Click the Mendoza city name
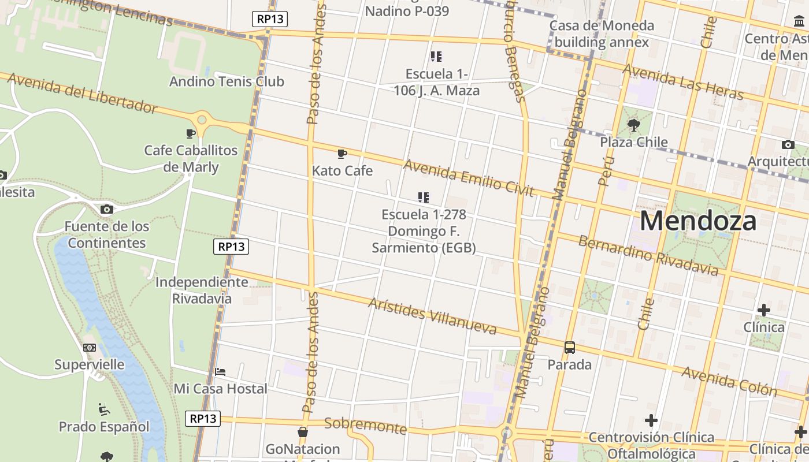click(697, 221)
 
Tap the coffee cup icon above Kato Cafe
click(342, 154)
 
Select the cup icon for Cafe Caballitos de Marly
click(190, 134)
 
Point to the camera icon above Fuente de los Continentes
click(106, 209)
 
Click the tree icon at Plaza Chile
click(633, 125)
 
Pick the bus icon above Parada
click(570, 348)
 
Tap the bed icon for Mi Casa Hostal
click(220, 372)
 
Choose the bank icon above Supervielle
click(89, 348)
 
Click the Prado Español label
click(104, 427)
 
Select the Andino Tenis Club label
click(227, 81)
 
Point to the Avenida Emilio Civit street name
click(468, 178)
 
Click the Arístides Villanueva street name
click(432, 316)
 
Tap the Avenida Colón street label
click(729, 381)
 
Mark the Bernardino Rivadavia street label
click(648, 255)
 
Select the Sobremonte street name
click(365, 426)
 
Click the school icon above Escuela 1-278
click(424, 198)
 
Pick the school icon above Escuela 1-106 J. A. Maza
click(436, 57)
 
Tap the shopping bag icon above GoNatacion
click(302, 432)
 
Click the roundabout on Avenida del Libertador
click(202, 120)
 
